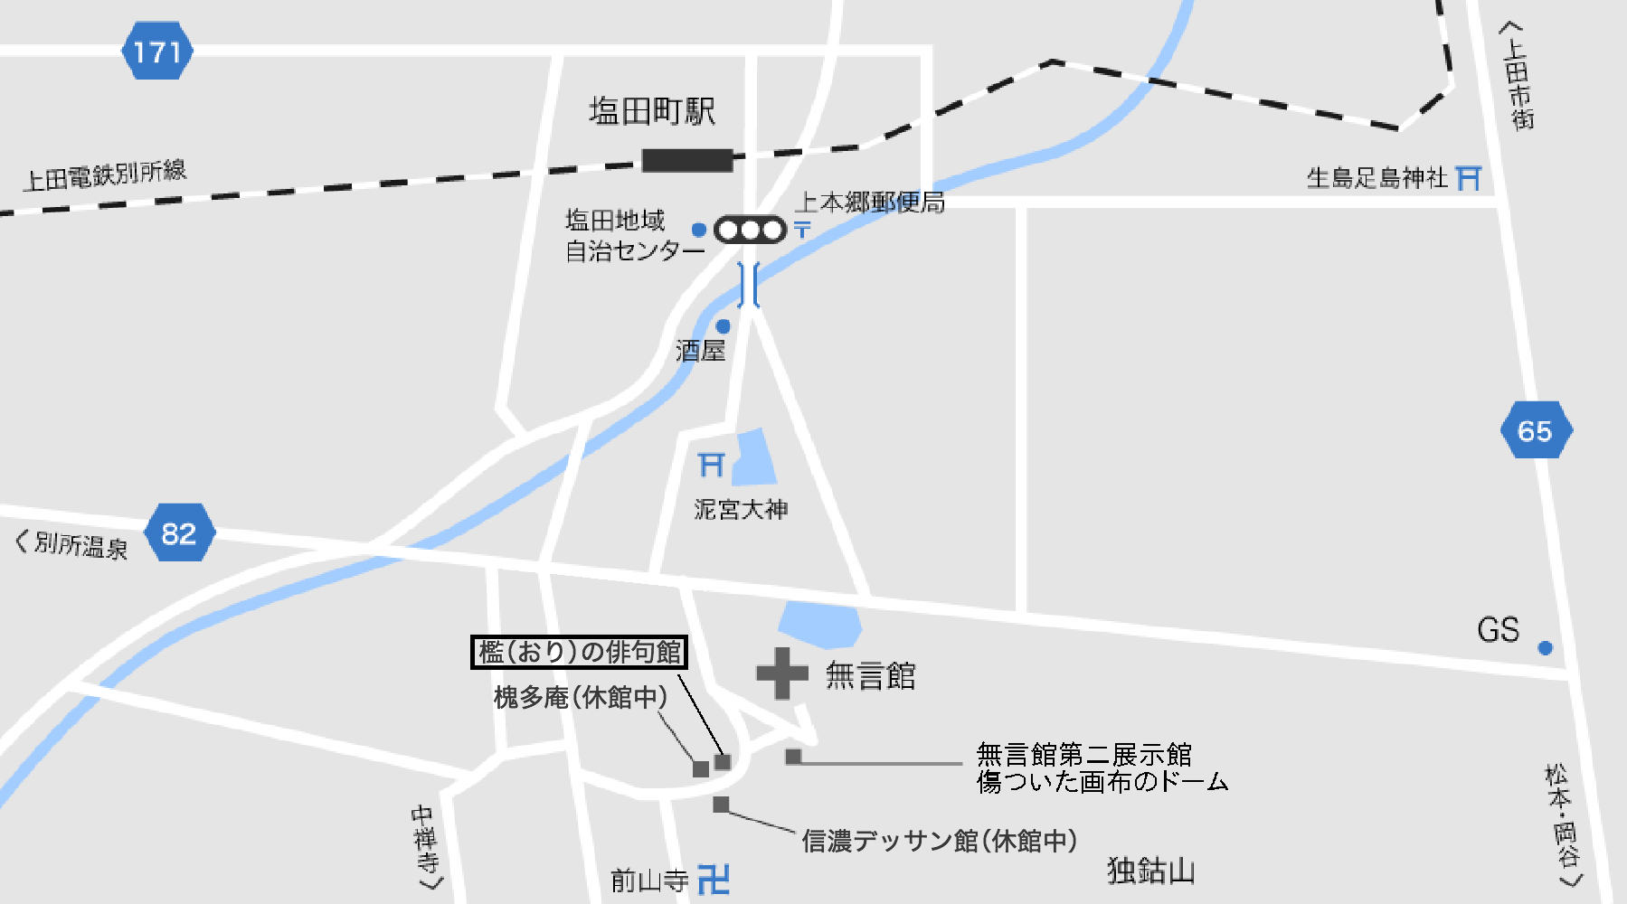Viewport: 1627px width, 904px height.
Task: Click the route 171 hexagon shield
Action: pos(157,52)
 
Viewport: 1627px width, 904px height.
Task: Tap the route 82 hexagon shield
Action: pos(180,533)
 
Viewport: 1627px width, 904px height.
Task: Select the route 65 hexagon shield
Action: pos(1536,430)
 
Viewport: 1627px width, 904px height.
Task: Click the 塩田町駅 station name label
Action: pos(652,112)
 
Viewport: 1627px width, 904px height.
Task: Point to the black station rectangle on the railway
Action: pos(687,161)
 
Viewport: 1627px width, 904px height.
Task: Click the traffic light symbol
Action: pos(750,231)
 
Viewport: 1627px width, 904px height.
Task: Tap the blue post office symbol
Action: pos(802,230)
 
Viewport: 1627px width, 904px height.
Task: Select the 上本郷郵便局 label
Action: pos(870,202)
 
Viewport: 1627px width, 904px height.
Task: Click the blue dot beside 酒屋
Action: pos(723,326)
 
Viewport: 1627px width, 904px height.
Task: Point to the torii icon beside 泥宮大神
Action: pos(712,465)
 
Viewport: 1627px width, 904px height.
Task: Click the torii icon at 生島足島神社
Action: pos(1470,178)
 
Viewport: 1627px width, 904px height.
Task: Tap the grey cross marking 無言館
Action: pos(782,673)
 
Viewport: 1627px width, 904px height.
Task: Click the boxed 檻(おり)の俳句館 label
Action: pos(579,652)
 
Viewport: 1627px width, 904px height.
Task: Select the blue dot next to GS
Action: pos(1545,647)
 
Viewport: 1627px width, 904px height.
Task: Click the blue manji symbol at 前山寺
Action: pos(714,879)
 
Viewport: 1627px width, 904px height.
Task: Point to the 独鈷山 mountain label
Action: pos(1150,871)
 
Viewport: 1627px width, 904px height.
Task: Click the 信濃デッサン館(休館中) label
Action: pos(939,841)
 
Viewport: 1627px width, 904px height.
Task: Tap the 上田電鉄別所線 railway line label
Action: pos(105,175)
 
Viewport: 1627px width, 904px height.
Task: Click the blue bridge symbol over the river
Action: pos(749,285)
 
